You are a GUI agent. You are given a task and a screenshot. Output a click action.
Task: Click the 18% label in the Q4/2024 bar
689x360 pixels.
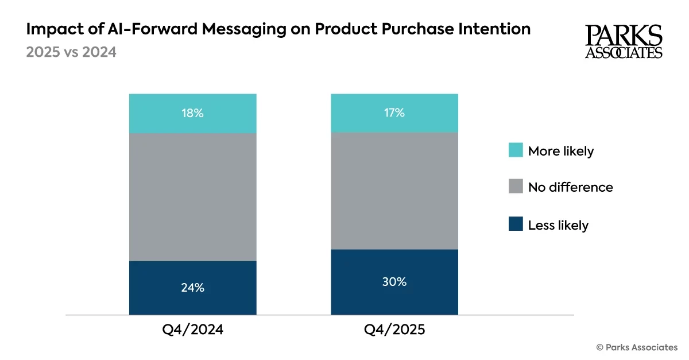point(192,113)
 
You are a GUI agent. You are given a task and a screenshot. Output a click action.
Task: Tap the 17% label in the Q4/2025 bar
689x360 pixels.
point(394,113)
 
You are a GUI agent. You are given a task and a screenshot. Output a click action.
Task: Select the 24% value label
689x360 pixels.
point(192,288)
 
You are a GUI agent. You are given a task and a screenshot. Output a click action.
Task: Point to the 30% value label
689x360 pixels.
point(394,282)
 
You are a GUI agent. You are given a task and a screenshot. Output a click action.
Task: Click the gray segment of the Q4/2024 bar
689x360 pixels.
point(192,197)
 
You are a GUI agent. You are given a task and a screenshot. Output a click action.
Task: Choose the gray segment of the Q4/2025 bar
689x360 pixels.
point(394,191)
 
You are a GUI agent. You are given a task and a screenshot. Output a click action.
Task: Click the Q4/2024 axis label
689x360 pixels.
point(193,331)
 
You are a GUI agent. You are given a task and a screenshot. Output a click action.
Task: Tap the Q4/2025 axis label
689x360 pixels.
point(394,331)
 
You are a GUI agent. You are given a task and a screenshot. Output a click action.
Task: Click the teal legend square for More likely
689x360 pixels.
point(516,151)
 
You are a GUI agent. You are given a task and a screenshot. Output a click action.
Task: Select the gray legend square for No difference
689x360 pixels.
point(516,187)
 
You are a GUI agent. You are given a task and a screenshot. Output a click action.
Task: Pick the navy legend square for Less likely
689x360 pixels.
point(516,225)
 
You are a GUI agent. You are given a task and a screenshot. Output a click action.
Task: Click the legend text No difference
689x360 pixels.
point(570,187)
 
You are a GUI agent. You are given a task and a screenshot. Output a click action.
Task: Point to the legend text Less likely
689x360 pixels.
point(558,225)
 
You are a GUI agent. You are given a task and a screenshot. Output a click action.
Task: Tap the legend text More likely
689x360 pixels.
point(560,151)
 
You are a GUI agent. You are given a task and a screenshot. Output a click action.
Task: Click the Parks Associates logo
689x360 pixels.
point(624,41)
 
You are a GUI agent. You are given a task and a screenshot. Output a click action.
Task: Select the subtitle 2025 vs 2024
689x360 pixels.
point(71,52)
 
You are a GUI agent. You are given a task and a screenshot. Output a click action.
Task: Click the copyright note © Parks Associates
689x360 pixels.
point(637,347)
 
